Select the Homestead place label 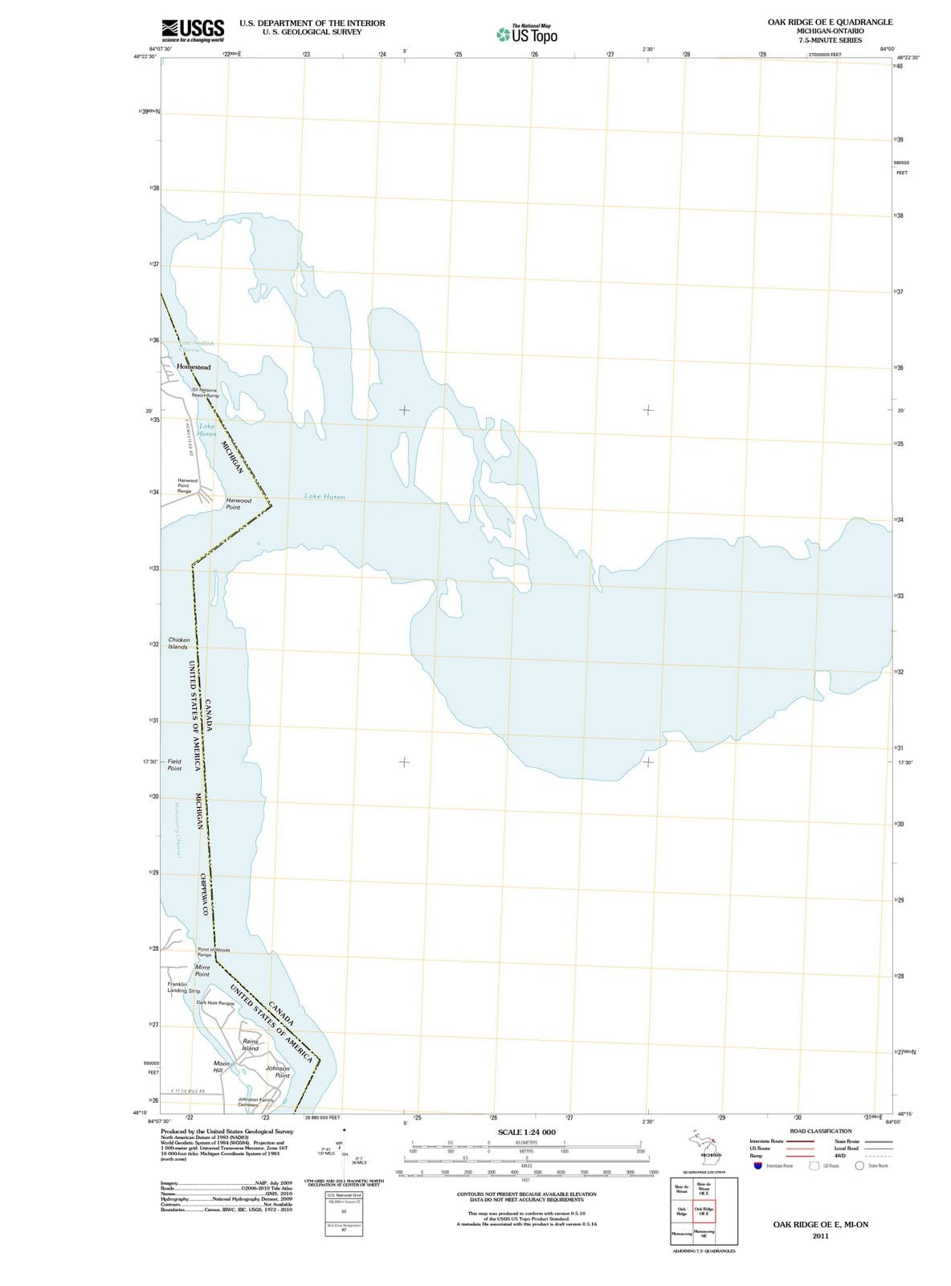pos(194,367)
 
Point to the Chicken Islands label pos(178,644)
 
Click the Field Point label pos(174,764)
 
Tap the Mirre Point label pos(202,970)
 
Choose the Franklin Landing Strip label pos(183,987)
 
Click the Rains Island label pos(251,1045)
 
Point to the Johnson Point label pos(278,1071)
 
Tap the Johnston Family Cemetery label pos(256,1102)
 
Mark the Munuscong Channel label pos(179,828)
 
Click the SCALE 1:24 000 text pos(527,1132)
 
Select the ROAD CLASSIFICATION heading pos(821,1131)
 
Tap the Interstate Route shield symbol pos(757,1165)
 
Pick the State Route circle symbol pos(859,1165)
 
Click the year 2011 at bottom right pos(820,1235)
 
